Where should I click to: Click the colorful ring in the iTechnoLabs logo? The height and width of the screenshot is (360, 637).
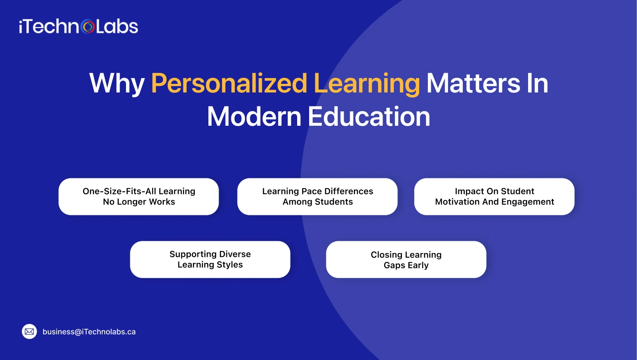pyautogui.click(x=88, y=27)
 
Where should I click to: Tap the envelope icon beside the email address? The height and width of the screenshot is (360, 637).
pyautogui.click(x=29, y=332)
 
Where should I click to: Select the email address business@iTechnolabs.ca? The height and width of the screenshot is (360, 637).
pyautogui.click(x=89, y=332)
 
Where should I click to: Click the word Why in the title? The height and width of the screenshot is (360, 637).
pyautogui.click(x=117, y=83)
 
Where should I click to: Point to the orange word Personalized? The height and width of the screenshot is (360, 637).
pyautogui.click(x=229, y=83)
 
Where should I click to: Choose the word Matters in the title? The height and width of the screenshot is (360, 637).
pyautogui.click(x=473, y=83)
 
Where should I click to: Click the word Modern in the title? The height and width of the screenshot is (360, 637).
pyautogui.click(x=254, y=117)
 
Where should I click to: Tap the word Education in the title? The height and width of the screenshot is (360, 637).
pyautogui.click(x=369, y=117)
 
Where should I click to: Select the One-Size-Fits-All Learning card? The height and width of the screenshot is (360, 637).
pyautogui.click(x=138, y=196)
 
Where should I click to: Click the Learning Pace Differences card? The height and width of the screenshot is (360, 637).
pyautogui.click(x=317, y=196)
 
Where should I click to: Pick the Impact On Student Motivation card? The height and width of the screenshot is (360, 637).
pyautogui.click(x=494, y=196)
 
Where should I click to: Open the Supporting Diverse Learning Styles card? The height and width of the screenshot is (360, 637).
pyautogui.click(x=210, y=259)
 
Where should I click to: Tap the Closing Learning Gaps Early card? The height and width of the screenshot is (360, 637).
pyautogui.click(x=406, y=259)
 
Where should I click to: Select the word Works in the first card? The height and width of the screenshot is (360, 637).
pyautogui.click(x=162, y=202)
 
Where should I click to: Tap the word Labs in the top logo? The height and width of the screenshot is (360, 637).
pyautogui.click(x=117, y=27)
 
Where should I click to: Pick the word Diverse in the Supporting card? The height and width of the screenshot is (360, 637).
pyautogui.click(x=235, y=254)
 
